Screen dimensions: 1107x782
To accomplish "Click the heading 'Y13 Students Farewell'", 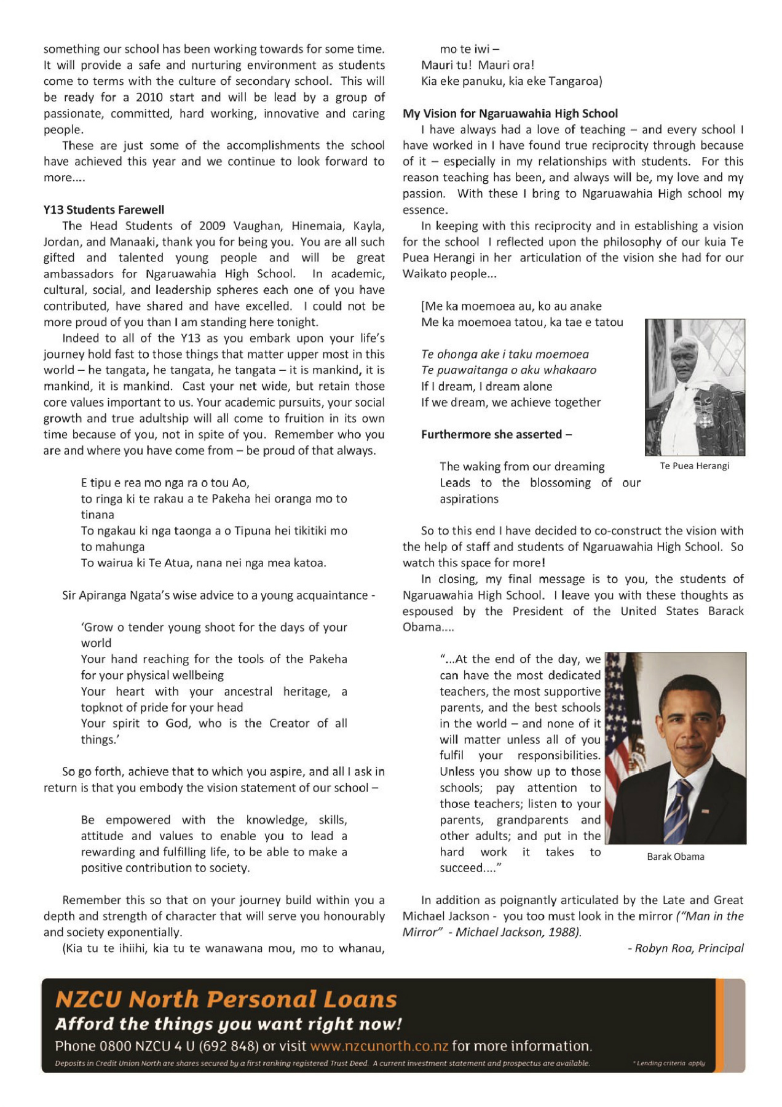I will point(103,210).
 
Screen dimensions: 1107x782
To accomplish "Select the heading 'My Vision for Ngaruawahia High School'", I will point(510,114).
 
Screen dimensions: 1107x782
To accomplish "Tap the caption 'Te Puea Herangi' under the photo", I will point(694,466).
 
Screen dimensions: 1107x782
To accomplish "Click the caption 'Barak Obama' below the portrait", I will point(675,857).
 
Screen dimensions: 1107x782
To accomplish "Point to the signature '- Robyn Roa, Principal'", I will point(685,948).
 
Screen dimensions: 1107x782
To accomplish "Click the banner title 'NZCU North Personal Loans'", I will point(226,999).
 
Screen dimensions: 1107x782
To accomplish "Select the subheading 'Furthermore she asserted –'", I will point(496,435).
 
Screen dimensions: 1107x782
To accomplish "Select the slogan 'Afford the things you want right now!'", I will point(228,1024).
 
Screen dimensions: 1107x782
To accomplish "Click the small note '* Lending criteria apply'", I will point(669,1063).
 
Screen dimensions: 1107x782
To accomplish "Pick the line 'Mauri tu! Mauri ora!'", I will point(478,65).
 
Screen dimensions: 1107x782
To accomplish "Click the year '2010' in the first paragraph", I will point(149,97).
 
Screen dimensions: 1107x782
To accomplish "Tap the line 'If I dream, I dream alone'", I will point(486,387).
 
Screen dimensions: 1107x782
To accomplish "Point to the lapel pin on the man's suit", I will point(705,811).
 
